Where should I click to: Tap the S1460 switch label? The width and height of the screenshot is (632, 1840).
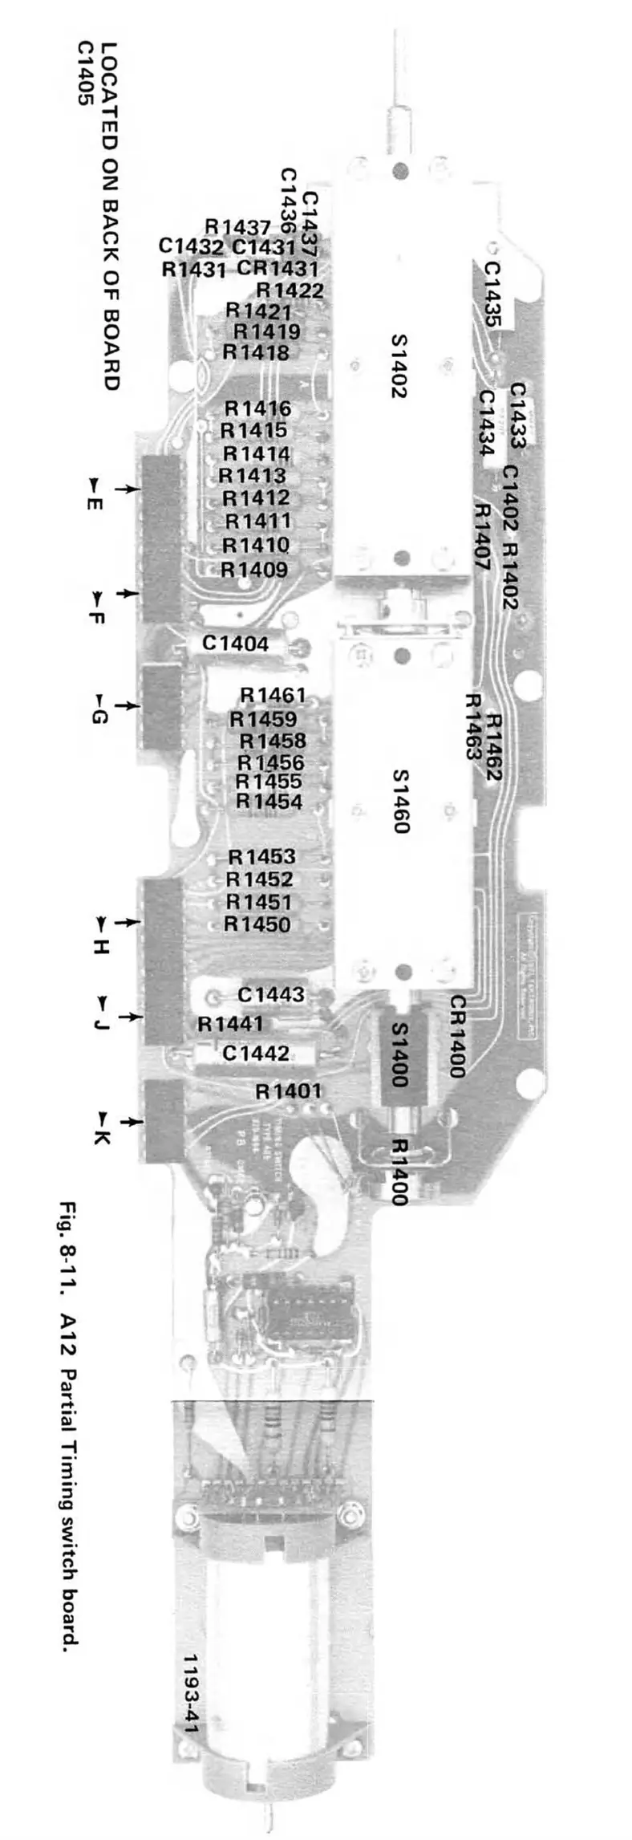pyautogui.click(x=399, y=802)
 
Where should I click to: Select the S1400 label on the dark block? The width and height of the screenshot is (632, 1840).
pyautogui.click(x=399, y=1054)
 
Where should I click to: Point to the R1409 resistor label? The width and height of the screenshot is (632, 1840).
pyautogui.click(x=254, y=570)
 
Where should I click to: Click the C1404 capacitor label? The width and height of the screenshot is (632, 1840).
pyautogui.click(x=235, y=643)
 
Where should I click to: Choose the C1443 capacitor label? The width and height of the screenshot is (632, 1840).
pyautogui.click(x=271, y=994)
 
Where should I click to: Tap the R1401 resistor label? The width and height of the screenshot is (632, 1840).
pyautogui.click(x=289, y=1091)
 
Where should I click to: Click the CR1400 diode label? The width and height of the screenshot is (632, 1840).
pyautogui.click(x=457, y=1036)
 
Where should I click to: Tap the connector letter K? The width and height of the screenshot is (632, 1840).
pyautogui.click(x=100, y=1137)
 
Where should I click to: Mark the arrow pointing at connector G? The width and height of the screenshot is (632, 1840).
pyautogui.click(x=125, y=705)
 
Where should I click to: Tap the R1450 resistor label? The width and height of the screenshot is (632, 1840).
pyautogui.click(x=257, y=924)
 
